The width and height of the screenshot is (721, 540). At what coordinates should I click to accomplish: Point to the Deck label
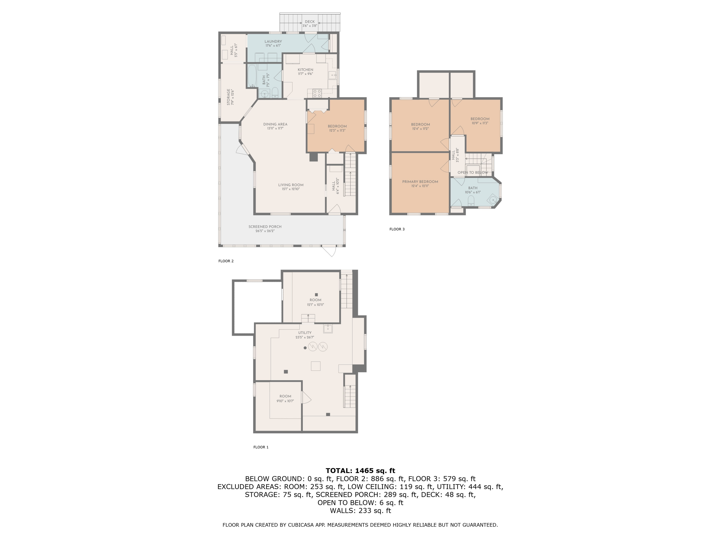point(310,22)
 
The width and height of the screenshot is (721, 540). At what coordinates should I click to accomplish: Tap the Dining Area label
point(275,124)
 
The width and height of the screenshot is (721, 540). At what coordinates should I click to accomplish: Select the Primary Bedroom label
point(420,182)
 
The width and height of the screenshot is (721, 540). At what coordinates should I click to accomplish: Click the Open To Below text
point(473,173)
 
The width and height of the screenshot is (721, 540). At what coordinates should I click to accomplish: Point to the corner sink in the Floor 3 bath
point(493,199)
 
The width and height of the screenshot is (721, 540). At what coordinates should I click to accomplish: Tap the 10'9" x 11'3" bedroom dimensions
point(480,123)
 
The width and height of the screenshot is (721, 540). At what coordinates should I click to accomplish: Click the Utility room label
point(305,333)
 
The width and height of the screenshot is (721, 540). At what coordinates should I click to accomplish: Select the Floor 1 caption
point(261,447)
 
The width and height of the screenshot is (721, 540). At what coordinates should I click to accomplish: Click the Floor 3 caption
point(397,229)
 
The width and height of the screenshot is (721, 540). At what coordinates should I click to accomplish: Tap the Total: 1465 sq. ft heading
point(360,470)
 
